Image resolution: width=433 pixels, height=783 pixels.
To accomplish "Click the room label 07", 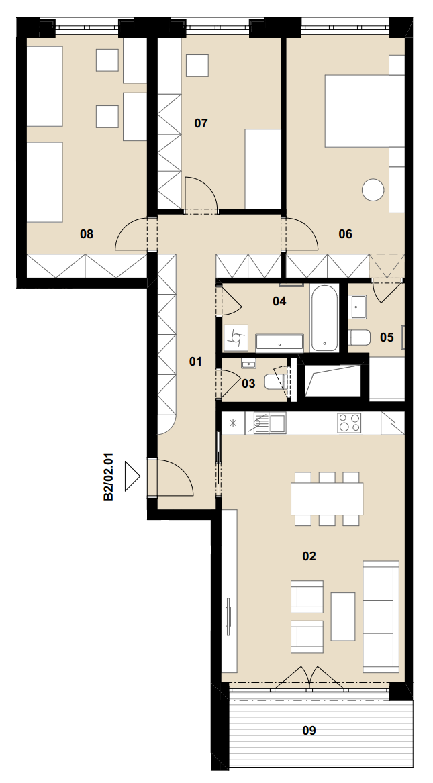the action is point(201,123).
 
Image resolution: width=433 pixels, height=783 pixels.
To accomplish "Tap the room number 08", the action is point(87,233).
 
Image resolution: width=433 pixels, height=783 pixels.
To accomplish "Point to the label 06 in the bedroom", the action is point(346,233).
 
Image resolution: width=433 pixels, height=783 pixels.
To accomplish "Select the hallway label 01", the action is point(195,361).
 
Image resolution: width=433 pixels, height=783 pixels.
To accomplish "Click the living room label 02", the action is point(309,556).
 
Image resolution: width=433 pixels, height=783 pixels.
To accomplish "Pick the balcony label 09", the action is point(309,731).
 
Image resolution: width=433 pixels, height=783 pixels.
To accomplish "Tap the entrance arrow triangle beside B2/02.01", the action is point(132,476).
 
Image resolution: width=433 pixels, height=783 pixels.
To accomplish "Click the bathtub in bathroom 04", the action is point(324,318).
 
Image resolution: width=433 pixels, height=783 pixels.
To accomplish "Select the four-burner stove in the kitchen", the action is point(350,423).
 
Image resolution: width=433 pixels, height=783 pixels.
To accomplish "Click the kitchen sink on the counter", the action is point(269,423).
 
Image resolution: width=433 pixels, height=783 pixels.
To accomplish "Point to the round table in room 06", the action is point(373,190).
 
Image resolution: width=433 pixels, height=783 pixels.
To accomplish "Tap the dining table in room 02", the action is point(327,499).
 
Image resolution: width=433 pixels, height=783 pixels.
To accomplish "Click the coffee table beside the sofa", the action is point(342,617).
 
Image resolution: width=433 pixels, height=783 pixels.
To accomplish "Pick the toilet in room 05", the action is point(359,338).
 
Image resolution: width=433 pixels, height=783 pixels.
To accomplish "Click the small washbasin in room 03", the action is point(248,364).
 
